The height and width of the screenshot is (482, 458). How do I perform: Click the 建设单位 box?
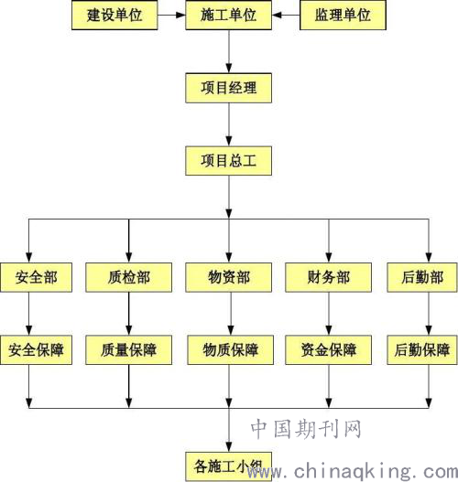(114, 15)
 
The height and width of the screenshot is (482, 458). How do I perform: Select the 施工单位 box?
(228, 15)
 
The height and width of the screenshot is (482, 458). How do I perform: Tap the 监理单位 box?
(343, 15)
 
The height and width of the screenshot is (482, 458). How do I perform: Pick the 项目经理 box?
(228, 88)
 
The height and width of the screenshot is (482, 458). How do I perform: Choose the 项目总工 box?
(228, 161)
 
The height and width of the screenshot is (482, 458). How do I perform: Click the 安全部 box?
(36, 277)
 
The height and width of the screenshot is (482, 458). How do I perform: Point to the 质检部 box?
(128, 277)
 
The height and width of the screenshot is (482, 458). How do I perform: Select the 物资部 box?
(228, 277)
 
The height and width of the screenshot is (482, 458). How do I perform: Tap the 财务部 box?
(329, 277)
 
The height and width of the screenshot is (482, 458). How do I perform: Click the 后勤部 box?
(422, 277)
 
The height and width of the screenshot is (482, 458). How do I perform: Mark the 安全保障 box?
(36, 350)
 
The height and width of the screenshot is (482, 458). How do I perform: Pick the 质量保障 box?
(128, 350)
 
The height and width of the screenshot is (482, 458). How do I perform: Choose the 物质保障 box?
(231, 350)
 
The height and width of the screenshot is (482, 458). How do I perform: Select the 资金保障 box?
(329, 350)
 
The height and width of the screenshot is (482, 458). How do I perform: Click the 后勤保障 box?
(422, 350)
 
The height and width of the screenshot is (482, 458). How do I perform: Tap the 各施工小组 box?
(228, 466)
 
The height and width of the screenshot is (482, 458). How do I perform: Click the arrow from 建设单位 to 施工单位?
(171, 15)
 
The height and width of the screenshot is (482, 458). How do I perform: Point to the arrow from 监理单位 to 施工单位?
(286, 15)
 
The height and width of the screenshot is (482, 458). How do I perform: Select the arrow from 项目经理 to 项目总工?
(229, 124)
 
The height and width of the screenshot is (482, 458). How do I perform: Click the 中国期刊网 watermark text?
(306, 429)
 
